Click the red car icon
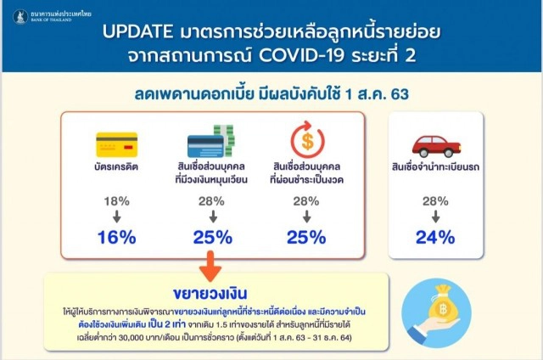[434, 145]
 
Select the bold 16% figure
[117, 238]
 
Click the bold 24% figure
[435, 238]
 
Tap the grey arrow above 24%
[435, 217]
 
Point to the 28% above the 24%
[435, 200]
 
